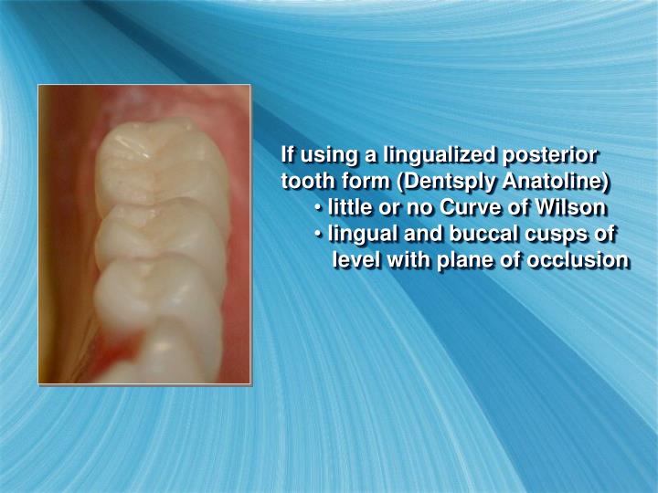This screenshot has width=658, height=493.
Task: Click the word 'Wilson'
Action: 575,206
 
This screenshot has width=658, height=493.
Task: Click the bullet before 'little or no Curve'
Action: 318,207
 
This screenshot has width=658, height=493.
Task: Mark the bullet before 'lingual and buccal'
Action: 318,235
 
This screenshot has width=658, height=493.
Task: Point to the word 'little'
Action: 353,206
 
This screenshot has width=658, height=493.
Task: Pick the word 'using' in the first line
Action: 330,152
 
